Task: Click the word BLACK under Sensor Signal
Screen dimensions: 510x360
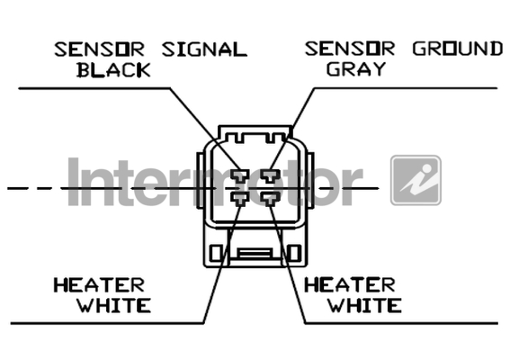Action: [114, 70]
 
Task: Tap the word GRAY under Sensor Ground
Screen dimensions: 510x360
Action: [356, 68]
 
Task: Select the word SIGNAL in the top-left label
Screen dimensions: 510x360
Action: [204, 49]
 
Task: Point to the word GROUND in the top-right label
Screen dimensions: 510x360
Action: [458, 49]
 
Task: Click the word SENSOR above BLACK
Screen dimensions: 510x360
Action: [99, 49]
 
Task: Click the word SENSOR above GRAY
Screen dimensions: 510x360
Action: [350, 49]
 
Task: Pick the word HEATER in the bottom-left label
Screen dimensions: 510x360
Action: [99, 285]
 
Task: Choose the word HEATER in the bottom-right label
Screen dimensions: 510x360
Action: [350, 284]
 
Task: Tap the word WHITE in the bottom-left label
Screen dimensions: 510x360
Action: [114, 305]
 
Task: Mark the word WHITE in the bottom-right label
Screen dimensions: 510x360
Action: [364, 305]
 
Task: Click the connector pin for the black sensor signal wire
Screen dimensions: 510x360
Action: [240, 175]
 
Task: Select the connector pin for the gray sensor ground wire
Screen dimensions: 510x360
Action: [271, 175]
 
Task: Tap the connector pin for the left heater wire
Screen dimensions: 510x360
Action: [240, 199]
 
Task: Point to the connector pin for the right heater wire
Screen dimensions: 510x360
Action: [271, 199]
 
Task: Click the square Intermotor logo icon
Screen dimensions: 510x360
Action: [416, 180]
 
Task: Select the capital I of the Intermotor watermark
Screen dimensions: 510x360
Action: [74, 182]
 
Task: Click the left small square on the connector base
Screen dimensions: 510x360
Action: [216, 253]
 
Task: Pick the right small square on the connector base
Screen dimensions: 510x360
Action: [294, 253]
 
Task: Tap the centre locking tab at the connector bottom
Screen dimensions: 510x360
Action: [255, 253]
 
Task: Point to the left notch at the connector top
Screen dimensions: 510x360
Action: [240, 138]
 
